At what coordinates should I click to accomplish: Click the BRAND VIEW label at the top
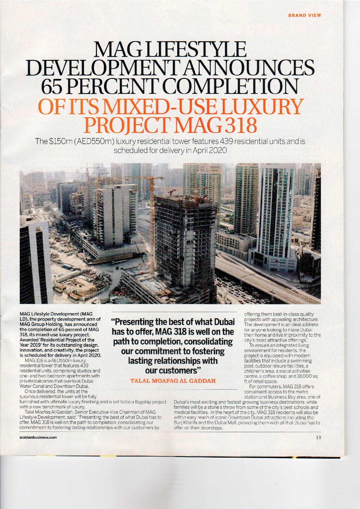[305, 15]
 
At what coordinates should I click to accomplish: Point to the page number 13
[318, 437]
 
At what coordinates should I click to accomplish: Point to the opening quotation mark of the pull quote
[110, 321]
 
